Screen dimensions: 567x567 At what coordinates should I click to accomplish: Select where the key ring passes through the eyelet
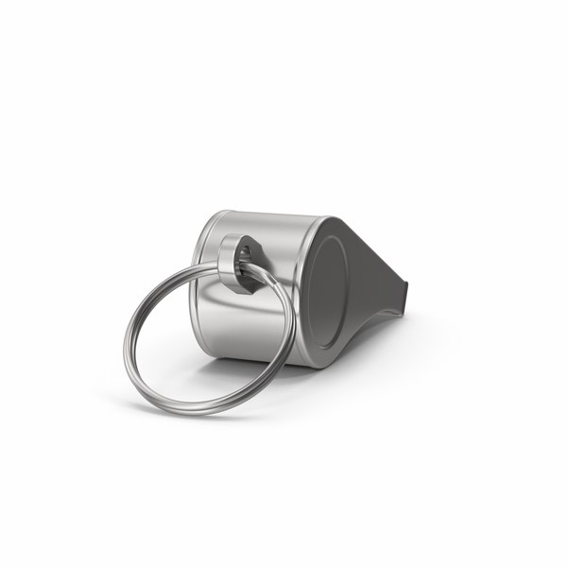point(248,269)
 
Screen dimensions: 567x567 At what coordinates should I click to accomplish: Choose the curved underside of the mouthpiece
point(378,317)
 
